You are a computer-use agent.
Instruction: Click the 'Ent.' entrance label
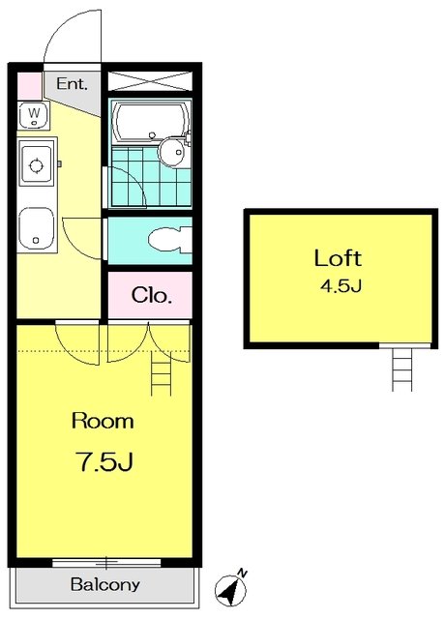click(72, 84)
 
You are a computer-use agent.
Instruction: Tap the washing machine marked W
click(34, 115)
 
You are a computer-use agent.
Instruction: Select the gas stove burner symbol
click(37, 165)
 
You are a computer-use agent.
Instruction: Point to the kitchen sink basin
click(36, 229)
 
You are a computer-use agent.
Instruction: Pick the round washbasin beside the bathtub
click(172, 151)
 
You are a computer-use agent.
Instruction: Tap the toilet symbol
click(170, 240)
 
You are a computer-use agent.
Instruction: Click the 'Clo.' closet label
click(152, 295)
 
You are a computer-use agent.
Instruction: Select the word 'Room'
click(103, 421)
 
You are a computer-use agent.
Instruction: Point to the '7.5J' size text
click(105, 461)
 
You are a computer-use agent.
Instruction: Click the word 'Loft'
click(338, 258)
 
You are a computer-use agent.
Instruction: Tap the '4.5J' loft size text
click(341, 286)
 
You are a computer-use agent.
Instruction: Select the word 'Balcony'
click(105, 584)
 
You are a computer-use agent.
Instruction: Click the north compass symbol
click(231, 590)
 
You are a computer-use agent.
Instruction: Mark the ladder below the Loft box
click(402, 369)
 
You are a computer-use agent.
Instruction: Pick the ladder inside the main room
click(162, 373)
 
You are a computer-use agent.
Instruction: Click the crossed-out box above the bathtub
click(150, 81)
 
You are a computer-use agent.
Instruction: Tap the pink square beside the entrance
click(30, 86)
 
